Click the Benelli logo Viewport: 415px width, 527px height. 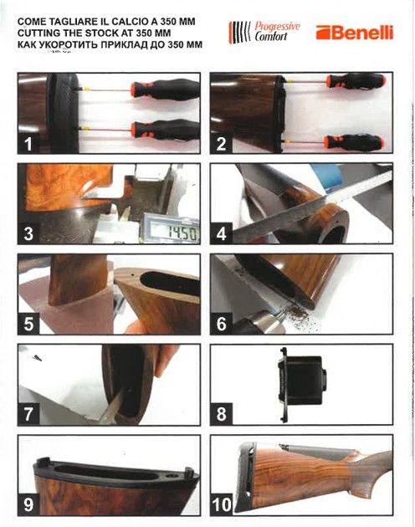pos(355,33)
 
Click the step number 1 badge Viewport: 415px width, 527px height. pos(28,143)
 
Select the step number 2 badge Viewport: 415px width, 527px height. pos(222,143)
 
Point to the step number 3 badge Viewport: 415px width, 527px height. pos(28,233)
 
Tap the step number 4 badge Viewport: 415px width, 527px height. pos(222,233)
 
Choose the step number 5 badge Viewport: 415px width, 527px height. pos(28,323)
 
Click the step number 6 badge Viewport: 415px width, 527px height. pos(222,323)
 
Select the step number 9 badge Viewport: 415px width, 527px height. pos(28,504)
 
